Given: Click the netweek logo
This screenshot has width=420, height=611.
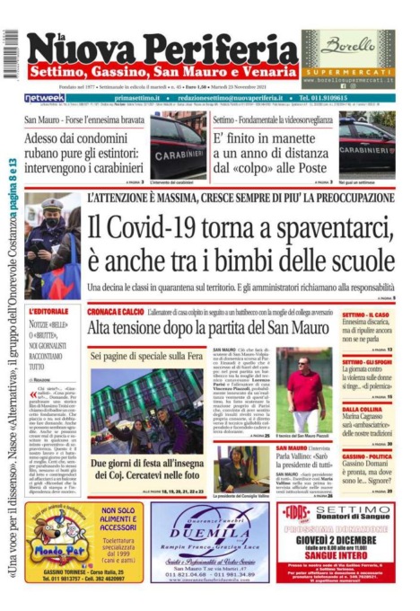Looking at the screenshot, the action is pyautogui.click(x=44, y=97).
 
